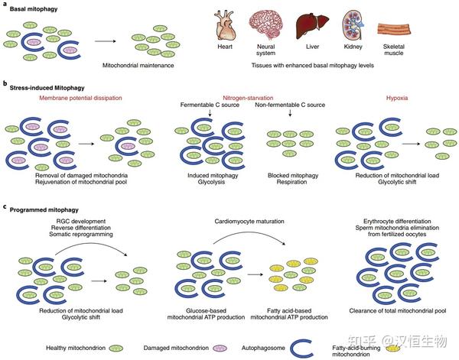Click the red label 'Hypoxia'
(394, 99)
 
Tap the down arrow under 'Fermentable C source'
(208, 114)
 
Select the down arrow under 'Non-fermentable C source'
(291, 114)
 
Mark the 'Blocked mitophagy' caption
(291, 175)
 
